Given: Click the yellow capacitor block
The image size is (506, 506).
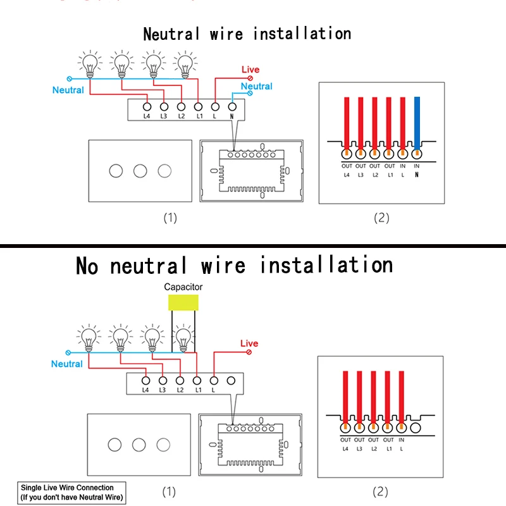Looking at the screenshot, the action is pyautogui.click(x=183, y=302).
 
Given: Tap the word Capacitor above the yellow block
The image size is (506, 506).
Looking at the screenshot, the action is pyautogui.click(x=183, y=287).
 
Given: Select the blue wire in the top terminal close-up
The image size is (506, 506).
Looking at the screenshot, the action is pyautogui.click(x=417, y=123).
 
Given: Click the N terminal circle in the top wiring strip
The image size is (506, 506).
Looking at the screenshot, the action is pyautogui.click(x=232, y=106).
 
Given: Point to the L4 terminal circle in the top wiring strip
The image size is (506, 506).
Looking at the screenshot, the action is pyautogui.click(x=147, y=106).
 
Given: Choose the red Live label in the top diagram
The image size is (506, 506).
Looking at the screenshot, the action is pyautogui.click(x=250, y=70).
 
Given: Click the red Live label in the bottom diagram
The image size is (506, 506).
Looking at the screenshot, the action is pyautogui.click(x=249, y=343).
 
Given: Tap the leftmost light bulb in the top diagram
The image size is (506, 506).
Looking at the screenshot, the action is pyautogui.click(x=90, y=65).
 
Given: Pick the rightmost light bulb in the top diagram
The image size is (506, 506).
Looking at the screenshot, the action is pyautogui.click(x=185, y=65).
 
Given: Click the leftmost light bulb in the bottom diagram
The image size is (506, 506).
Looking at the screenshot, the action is pyautogui.click(x=89, y=338).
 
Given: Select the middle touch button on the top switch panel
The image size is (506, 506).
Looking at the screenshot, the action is pyautogui.click(x=140, y=171).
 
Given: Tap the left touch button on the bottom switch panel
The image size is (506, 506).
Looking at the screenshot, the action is pyautogui.click(x=114, y=445).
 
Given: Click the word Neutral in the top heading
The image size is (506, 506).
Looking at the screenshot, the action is pyautogui.click(x=171, y=34).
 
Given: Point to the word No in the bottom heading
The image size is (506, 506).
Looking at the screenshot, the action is pyautogui.click(x=87, y=266).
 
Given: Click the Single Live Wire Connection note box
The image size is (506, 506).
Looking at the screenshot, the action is pyautogui.click(x=71, y=493).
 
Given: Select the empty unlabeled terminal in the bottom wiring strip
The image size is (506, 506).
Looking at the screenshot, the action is pyautogui.click(x=231, y=381).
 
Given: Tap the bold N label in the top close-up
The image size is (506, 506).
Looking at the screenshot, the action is pyautogui.click(x=417, y=175).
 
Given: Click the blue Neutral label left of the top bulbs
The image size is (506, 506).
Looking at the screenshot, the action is pyautogui.click(x=68, y=90).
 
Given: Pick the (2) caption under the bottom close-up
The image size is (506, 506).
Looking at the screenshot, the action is pyautogui.click(x=380, y=492).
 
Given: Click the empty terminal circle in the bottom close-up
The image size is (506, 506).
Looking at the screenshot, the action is pyautogui.click(x=416, y=428).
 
